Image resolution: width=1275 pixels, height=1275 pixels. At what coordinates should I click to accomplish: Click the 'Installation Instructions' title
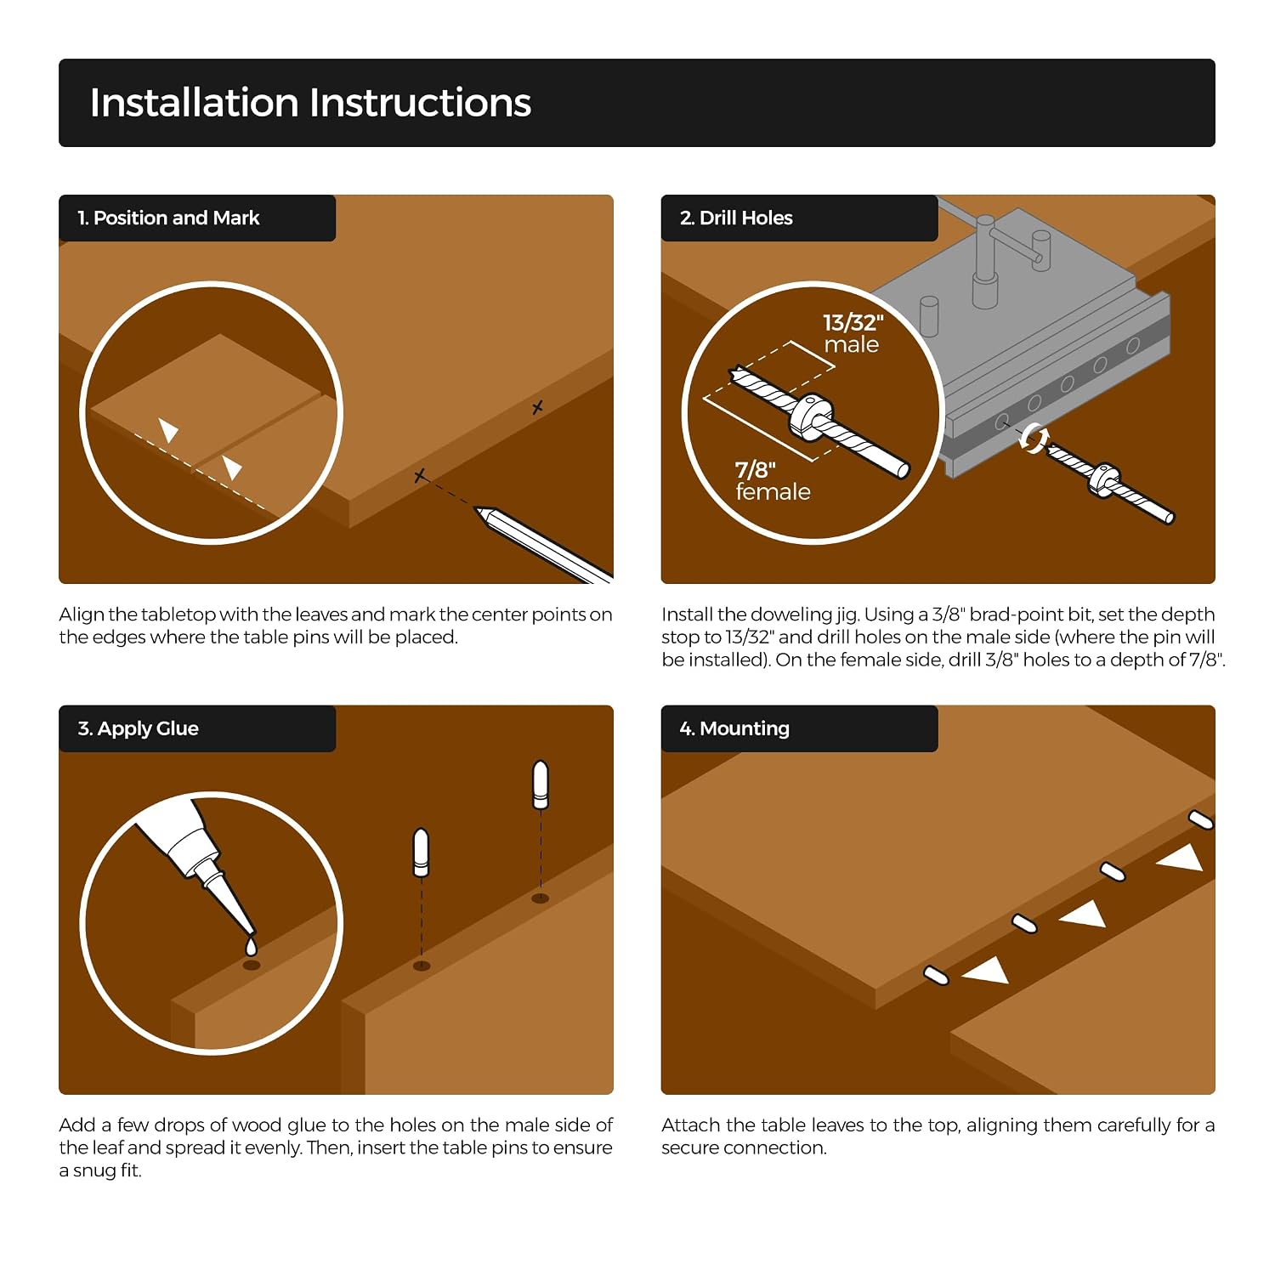coord(310,103)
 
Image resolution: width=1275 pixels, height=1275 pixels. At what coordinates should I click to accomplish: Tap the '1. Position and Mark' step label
coord(168,218)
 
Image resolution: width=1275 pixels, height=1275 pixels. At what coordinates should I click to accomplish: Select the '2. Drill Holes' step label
coord(736,218)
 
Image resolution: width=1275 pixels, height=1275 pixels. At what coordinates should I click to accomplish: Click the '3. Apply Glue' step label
coord(139,729)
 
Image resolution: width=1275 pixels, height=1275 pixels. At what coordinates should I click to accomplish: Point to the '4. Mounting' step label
coord(734,729)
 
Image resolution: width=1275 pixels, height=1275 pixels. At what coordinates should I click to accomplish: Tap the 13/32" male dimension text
coord(853,333)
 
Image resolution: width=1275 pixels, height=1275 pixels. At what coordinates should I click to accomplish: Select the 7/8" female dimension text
coord(773,481)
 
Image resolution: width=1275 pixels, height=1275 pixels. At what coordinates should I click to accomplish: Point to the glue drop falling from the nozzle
coord(251,946)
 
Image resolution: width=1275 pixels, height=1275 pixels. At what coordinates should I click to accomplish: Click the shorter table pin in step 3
coord(421,852)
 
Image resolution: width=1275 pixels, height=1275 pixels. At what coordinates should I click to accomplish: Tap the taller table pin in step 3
coord(540,785)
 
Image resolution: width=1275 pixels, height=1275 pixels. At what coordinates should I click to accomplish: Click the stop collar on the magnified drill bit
coord(812,416)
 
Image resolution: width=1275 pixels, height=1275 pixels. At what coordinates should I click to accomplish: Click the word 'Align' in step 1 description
coord(81,615)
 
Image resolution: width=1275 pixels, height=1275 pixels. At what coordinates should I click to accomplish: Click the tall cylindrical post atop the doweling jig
coord(985,260)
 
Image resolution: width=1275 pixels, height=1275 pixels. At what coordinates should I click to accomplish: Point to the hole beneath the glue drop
coord(252,966)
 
